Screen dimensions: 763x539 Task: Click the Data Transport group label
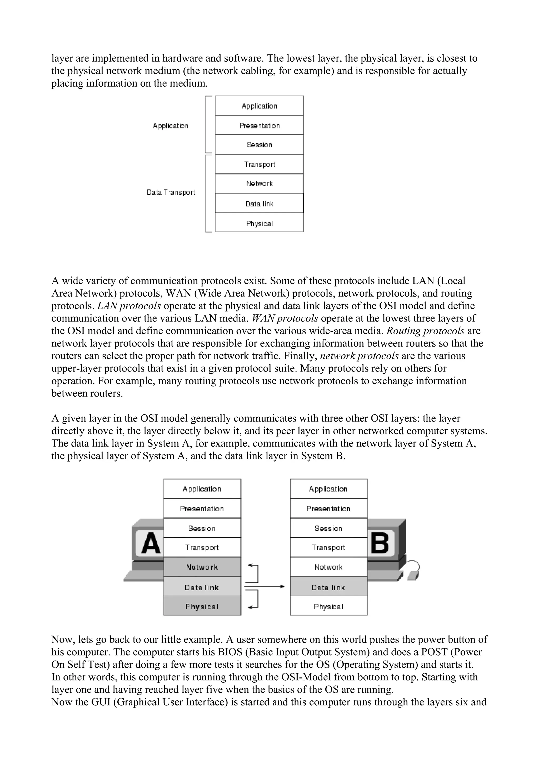[171, 192]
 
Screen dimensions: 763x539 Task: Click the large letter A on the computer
[151, 544]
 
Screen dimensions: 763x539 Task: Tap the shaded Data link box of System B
[328, 587]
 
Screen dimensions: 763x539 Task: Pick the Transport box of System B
[328, 547]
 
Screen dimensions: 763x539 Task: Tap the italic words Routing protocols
[425, 331]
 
